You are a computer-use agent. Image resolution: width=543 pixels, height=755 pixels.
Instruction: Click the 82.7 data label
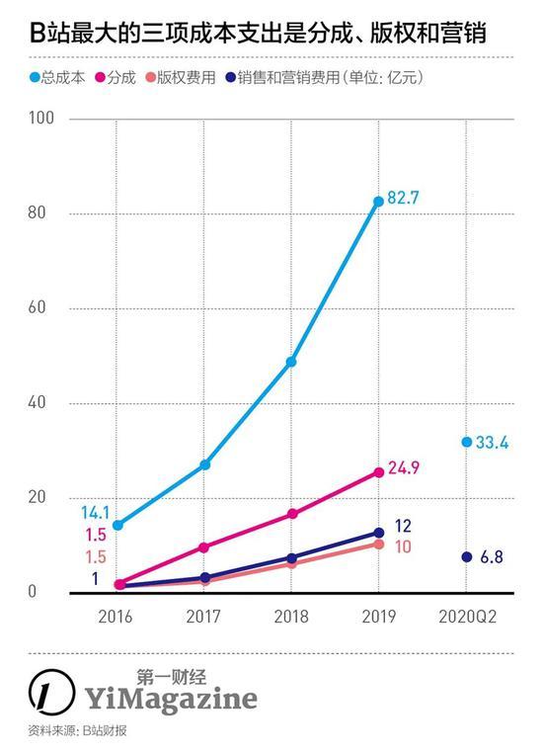click(x=403, y=198)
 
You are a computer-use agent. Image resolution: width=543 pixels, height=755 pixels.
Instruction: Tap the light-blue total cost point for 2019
click(x=378, y=202)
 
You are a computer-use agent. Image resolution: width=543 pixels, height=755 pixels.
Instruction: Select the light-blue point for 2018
click(x=291, y=362)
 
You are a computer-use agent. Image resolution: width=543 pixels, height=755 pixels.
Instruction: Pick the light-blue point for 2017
click(x=205, y=464)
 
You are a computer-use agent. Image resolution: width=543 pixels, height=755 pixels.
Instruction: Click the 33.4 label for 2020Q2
click(x=492, y=443)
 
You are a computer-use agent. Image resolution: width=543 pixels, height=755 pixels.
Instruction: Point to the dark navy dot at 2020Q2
click(x=467, y=556)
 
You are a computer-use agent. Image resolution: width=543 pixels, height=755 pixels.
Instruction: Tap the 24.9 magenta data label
click(x=404, y=467)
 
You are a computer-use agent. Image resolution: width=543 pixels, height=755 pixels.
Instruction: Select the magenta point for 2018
click(x=292, y=514)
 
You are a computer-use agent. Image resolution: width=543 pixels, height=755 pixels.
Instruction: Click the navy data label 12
click(x=403, y=526)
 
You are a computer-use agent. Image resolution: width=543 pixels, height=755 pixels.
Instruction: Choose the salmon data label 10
click(x=403, y=546)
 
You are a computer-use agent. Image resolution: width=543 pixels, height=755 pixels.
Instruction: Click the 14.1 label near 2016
click(x=95, y=513)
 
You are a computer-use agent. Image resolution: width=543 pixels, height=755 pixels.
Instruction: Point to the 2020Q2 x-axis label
click(x=467, y=617)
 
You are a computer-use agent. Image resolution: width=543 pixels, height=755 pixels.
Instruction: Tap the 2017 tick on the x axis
click(x=203, y=617)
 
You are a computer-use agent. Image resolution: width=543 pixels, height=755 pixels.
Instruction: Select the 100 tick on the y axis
click(x=41, y=118)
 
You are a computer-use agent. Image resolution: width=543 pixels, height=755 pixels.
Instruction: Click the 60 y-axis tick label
click(x=37, y=307)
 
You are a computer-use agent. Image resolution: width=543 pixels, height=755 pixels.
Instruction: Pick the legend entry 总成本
click(x=57, y=77)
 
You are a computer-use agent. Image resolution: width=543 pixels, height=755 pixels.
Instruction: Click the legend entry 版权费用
click(x=181, y=77)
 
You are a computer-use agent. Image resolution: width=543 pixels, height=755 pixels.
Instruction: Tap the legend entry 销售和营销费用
click(x=283, y=77)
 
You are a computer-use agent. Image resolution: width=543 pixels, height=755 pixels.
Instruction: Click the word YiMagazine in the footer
click(x=171, y=699)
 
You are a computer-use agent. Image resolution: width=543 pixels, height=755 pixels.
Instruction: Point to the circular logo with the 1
click(x=52, y=692)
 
